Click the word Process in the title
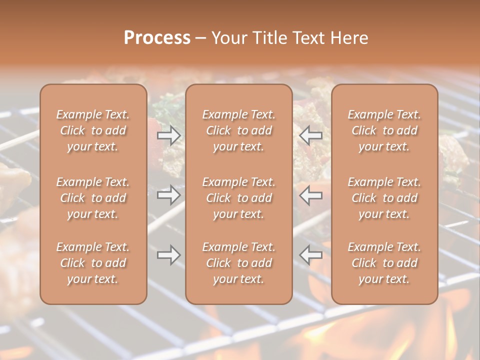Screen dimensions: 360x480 pyautogui.click(x=157, y=38)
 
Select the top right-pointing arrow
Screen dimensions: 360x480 pyautogui.click(x=169, y=135)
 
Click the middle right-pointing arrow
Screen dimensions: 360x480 pyautogui.click(x=169, y=195)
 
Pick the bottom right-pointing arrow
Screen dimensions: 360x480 pyautogui.click(x=169, y=255)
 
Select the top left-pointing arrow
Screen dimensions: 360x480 pyautogui.click(x=311, y=135)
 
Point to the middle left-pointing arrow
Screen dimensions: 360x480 pyautogui.click(x=311, y=195)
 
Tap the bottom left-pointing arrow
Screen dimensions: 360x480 pyautogui.click(x=311, y=255)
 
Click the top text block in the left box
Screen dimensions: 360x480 pyautogui.click(x=93, y=130)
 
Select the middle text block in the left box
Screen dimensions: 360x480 pyautogui.click(x=93, y=198)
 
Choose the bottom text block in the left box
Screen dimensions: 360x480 pyautogui.click(x=93, y=263)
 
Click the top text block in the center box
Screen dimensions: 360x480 pyautogui.click(x=238, y=130)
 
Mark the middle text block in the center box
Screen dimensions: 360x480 pyautogui.click(x=238, y=198)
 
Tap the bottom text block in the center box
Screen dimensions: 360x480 pyautogui.click(x=238, y=263)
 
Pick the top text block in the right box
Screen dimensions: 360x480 pyautogui.click(x=384, y=130)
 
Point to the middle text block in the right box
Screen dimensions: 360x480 pyautogui.click(x=384, y=198)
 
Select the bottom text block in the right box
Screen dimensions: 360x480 pyautogui.click(x=384, y=263)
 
